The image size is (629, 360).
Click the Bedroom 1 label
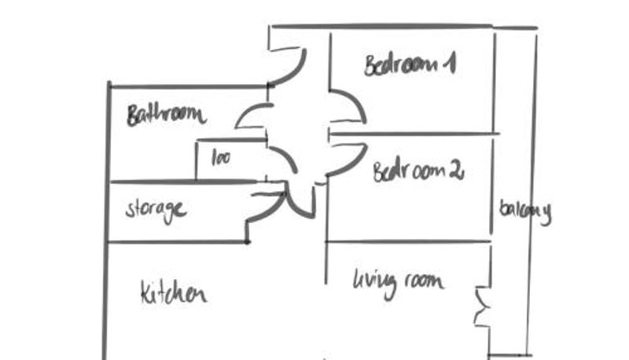tap(409, 65)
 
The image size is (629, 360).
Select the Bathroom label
tap(166, 115)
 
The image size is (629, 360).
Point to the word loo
tap(221, 157)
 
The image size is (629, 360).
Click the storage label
tap(156, 210)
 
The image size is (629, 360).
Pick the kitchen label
tap(173, 293)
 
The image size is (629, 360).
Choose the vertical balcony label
tap(525, 211)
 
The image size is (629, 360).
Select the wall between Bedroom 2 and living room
tap(409, 241)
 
